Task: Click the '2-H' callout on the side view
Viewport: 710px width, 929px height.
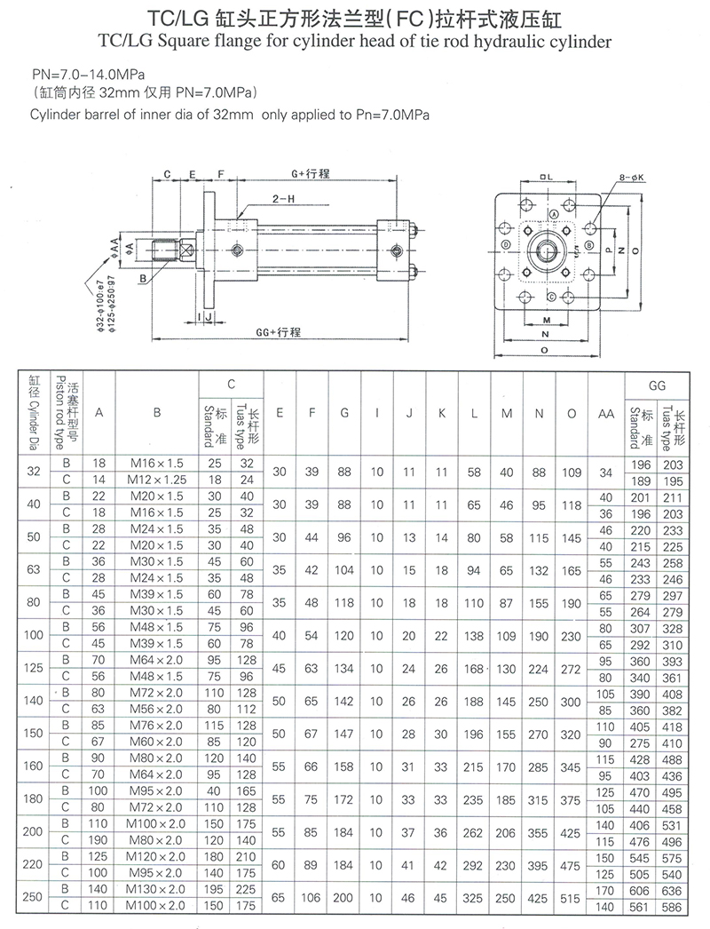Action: click(285, 200)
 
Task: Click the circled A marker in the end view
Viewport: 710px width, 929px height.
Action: click(554, 215)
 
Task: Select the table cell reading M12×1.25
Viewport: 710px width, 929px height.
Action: click(156, 480)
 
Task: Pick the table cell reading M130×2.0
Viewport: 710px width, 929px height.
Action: click(156, 889)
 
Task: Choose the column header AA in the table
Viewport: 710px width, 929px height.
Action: click(606, 414)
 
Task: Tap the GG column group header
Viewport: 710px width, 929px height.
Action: click(659, 385)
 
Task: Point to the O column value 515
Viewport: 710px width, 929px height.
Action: click(572, 898)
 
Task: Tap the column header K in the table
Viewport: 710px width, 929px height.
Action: click(442, 414)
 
